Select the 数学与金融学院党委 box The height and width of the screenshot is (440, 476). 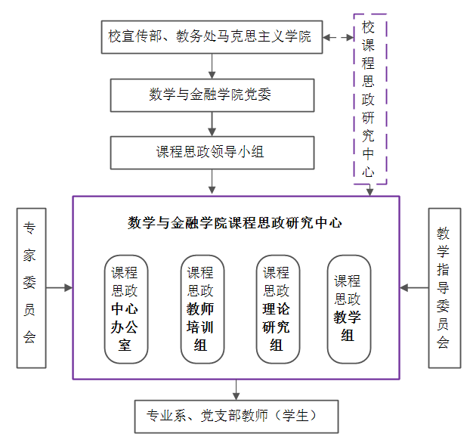[x=212, y=95]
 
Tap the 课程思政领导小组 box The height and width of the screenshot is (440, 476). [x=212, y=152]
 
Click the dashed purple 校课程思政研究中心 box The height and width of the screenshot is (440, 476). [x=369, y=99]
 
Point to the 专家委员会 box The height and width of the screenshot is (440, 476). [x=30, y=287]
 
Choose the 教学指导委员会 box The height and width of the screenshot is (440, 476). [x=443, y=287]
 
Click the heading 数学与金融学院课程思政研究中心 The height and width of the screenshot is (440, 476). [x=235, y=223]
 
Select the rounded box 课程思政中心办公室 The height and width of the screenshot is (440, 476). [x=125, y=309]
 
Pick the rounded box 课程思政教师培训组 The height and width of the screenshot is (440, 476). [x=200, y=309]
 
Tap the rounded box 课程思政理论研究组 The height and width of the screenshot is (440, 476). [x=277, y=309]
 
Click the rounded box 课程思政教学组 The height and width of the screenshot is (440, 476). [x=348, y=309]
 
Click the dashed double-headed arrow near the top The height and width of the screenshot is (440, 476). [x=338, y=36]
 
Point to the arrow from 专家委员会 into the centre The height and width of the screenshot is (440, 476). [x=59, y=287]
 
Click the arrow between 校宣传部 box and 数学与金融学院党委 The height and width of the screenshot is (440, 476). [x=212, y=66]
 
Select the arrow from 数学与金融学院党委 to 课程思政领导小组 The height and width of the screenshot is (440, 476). [x=212, y=123]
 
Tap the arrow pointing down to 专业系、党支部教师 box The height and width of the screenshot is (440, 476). [x=236, y=389]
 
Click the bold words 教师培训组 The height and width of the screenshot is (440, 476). [x=200, y=327]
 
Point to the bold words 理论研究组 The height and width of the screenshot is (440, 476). [x=277, y=327]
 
